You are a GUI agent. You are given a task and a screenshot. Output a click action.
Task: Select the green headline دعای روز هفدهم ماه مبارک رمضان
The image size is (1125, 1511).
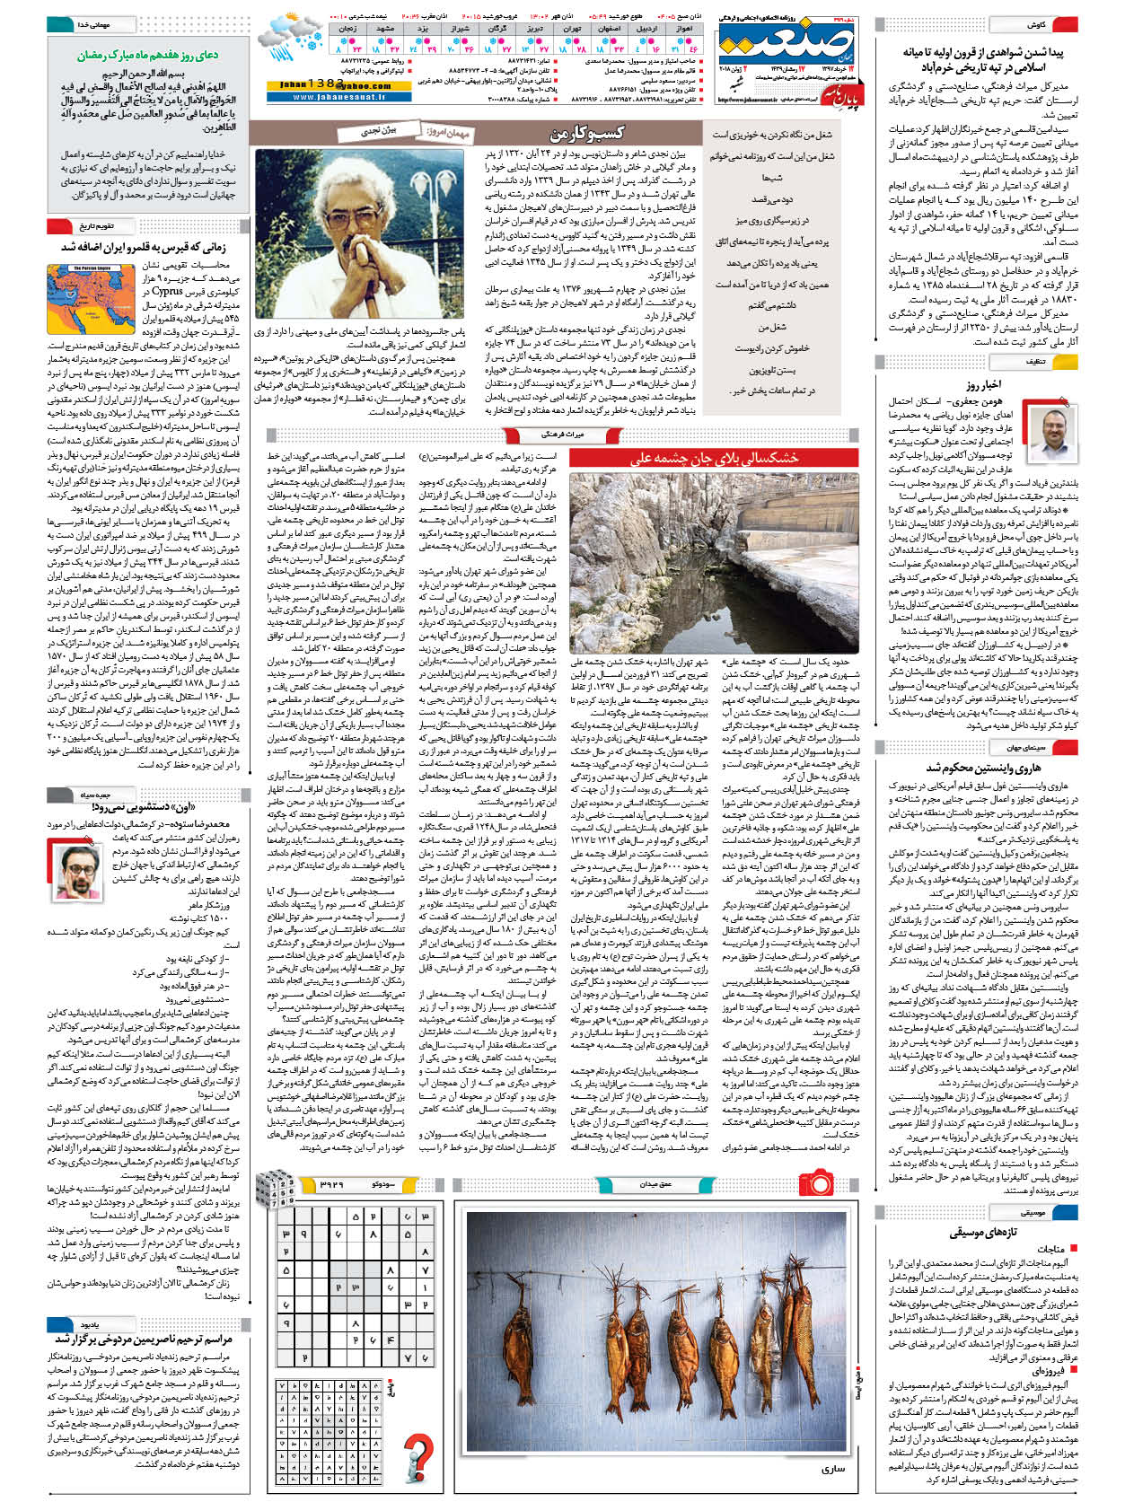(x=146, y=56)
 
